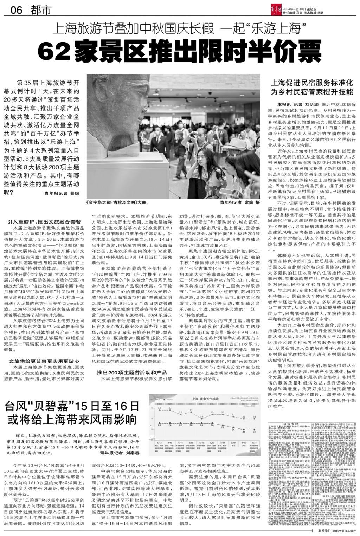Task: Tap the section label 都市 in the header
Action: tap(40, 10)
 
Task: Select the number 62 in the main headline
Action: tap(56, 51)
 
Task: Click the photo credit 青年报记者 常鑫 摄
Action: tap(240, 203)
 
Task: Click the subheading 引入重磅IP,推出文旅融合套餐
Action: tap(44, 222)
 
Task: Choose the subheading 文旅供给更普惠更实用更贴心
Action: tap(44, 361)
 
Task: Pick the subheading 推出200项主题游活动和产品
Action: tap(131, 372)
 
